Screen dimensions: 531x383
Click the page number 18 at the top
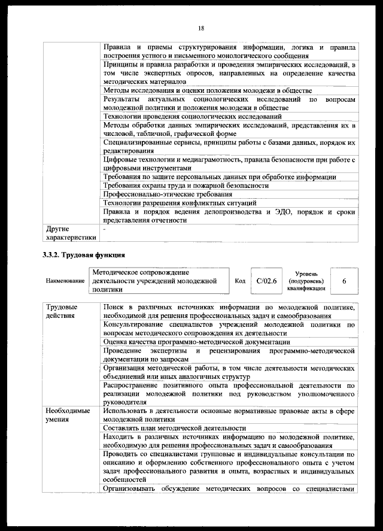click(201, 28)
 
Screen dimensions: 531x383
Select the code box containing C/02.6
click(266, 280)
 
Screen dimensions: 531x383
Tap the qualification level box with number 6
click(344, 280)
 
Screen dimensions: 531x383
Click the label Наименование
click(65, 280)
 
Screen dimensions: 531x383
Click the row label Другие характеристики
click(70, 233)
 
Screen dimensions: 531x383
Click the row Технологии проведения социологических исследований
click(192, 116)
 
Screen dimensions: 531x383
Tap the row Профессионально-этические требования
click(168, 195)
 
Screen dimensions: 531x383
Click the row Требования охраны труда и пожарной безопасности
click(186, 186)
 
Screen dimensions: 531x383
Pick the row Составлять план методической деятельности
click(175, 428)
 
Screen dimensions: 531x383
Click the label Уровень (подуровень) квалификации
click(306, 280)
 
